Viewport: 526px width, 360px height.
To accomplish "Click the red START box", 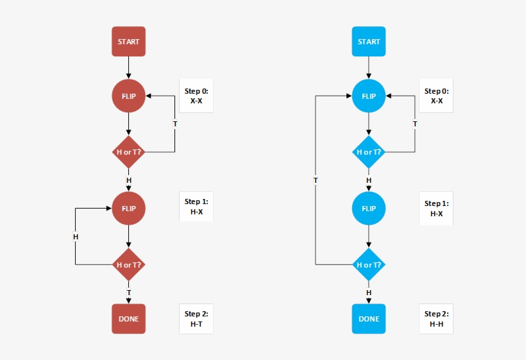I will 128,42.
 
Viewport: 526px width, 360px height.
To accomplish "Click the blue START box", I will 369,42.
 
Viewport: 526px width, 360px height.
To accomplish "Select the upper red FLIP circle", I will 128,96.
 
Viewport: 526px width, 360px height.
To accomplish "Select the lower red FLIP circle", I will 128,208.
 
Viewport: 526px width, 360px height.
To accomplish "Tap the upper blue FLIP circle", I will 369,96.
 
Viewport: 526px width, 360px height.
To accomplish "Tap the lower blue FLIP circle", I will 369,208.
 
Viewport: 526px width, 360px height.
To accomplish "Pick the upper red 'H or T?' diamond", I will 128,152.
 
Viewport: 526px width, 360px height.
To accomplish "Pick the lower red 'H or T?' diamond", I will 128,264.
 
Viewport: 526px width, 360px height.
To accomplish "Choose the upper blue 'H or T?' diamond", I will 369,152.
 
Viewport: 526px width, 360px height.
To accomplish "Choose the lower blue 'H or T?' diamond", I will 369,264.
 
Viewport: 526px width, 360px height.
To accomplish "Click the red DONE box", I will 128,319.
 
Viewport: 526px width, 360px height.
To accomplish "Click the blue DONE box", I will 369,319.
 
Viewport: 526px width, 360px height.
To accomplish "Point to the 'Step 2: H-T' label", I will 196,319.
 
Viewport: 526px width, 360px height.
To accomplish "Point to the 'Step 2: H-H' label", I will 436,319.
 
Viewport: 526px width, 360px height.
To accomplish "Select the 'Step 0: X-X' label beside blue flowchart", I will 436,96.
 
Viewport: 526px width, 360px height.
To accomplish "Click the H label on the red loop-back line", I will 76,237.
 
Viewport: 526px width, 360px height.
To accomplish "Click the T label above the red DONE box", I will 128,293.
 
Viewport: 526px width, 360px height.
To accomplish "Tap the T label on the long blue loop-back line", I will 316,181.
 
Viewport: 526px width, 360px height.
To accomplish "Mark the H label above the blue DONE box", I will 369,293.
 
